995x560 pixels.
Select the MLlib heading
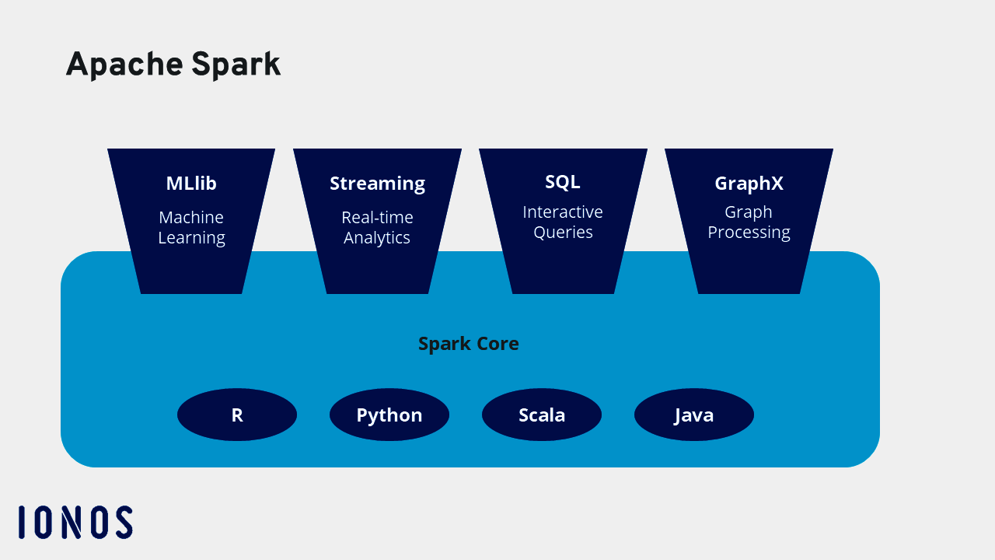point(191,184)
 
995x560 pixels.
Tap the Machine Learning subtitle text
point(191,228)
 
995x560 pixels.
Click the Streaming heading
point(377,184)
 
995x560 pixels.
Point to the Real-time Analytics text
point(377,228)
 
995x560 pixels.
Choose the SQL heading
point(563,182)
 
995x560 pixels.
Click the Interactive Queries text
point(563,222)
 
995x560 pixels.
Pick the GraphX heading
point(749,184)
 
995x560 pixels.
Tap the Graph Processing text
point(749,222)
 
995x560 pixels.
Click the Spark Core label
point(469,344)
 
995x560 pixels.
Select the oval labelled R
point(237,415)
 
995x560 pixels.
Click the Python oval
point(389,415)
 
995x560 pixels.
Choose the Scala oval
point(542,415)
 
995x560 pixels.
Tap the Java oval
point(694,415)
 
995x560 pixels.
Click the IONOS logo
point(75,522)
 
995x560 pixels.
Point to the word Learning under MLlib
point(191,238)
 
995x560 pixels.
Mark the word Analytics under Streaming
point(377,238)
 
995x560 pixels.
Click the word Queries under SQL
point(563,233)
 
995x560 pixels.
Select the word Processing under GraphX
point(749,233)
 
